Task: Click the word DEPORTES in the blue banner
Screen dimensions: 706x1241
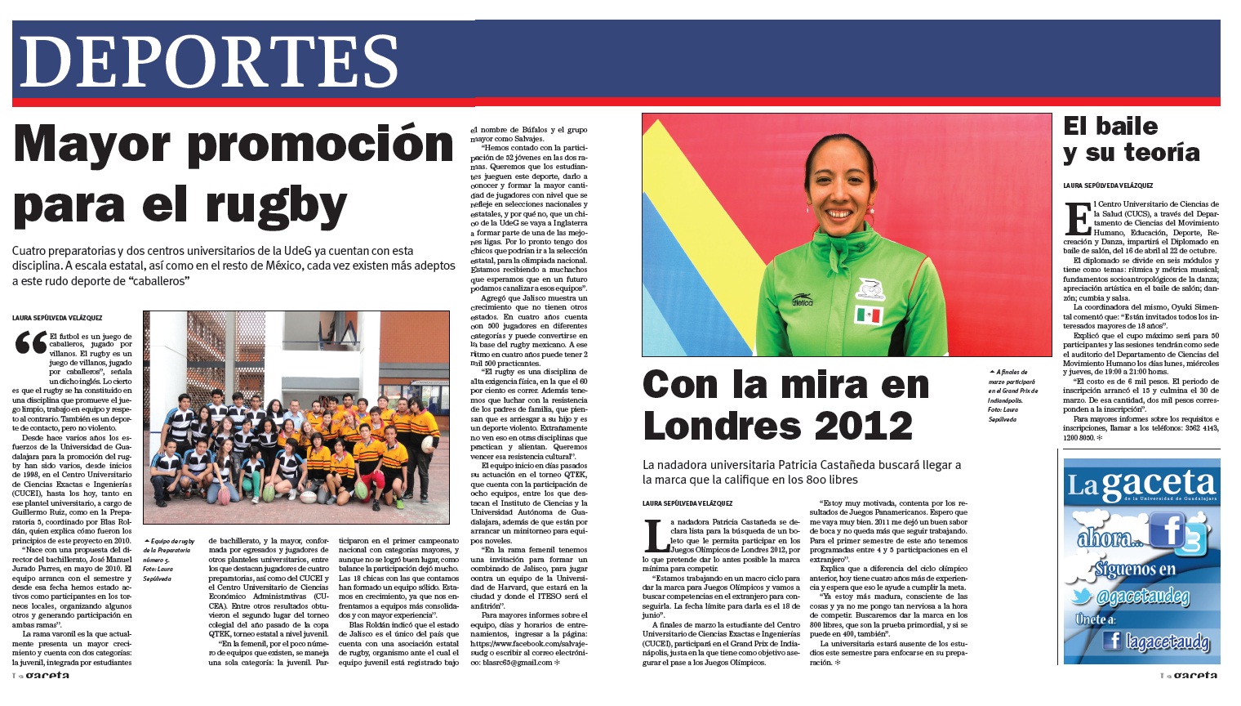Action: point(209,62)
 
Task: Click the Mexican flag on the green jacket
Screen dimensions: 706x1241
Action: point(868,315)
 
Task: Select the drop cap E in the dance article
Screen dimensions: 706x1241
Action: point(1077,218)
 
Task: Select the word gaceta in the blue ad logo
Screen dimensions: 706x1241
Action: point(1159,484)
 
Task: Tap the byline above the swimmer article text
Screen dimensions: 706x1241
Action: point(687,503)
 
